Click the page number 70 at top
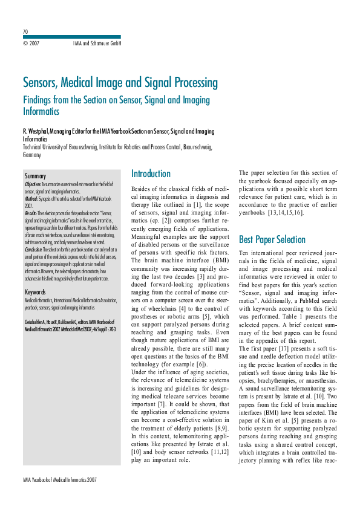(25, 31)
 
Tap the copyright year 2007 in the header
(31, 44)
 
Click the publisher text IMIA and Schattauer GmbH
(97, 44)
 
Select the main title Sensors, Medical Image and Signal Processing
(120, 82)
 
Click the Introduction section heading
(151, 173)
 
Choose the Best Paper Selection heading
(273, 239)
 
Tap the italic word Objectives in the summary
(33, 184)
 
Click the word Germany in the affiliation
(32, 155)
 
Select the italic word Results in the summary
(31, 213)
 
